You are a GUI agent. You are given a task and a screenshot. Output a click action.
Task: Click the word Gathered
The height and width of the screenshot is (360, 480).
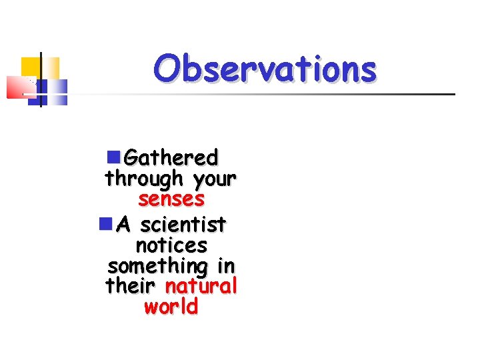(x=171, y=158)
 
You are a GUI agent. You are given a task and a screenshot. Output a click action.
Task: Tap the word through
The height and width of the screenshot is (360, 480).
(x=144, y=179)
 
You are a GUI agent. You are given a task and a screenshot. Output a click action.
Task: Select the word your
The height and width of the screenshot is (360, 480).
(x=214, y=179)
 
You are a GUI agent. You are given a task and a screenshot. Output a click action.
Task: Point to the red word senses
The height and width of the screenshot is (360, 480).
(x=171, y=199)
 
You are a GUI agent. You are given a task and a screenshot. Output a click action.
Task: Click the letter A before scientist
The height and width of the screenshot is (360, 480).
(x=122, y=224)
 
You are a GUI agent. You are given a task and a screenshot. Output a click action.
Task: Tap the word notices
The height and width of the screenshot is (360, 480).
(x=171, y=245)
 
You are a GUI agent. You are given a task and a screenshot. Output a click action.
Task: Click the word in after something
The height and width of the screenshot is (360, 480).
(x=226, y=265)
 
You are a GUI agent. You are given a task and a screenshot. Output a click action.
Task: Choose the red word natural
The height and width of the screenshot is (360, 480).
(x=201, y=286)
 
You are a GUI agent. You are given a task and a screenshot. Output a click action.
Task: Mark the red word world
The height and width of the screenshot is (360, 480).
(x=171, y=307)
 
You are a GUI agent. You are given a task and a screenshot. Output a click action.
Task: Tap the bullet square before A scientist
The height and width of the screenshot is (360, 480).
(x=105, y=223)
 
